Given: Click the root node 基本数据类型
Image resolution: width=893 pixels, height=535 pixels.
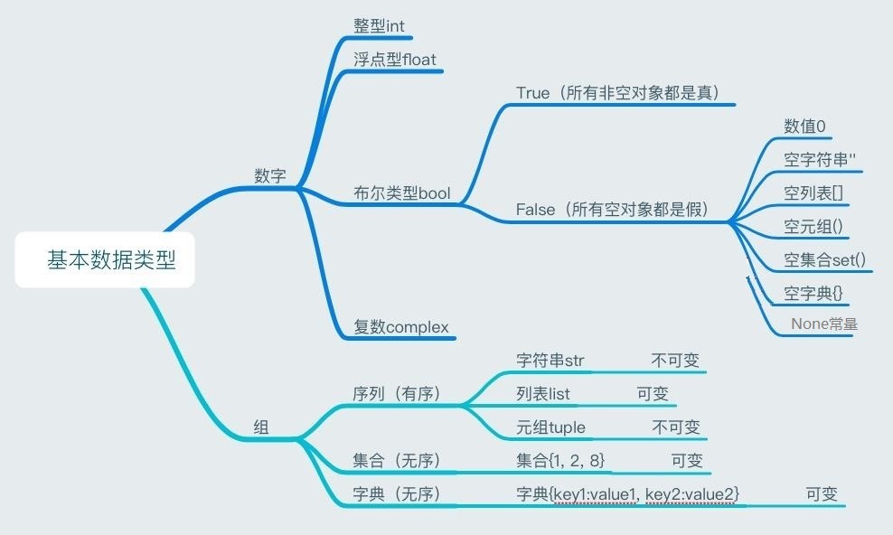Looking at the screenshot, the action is (111, 260).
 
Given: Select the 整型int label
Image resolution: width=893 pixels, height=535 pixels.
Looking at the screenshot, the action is (379, 25).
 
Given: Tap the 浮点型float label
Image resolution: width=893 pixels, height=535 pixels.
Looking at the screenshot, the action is (395, 59).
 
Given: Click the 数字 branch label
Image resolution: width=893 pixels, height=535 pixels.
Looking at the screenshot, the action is (270, 175).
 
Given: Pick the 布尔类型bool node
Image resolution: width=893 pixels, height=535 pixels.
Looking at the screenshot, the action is (401, 192).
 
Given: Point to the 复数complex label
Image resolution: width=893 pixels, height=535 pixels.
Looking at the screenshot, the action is (401, 326).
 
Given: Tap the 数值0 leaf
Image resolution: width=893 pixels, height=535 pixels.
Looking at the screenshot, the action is (804, 127).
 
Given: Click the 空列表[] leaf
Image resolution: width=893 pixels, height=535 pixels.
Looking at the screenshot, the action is (813, 193).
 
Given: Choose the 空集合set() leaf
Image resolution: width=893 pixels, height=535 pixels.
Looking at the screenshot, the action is (824, 260).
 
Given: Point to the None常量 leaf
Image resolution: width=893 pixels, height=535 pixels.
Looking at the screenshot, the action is (824, 324).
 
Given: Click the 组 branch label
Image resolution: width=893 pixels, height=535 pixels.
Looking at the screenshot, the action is (261, 427).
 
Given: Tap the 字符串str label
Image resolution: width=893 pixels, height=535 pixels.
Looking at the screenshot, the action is (550, 361).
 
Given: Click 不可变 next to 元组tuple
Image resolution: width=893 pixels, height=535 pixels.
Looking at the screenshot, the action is (675, 427).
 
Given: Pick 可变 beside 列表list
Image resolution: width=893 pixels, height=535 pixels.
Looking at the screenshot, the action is (653, 393).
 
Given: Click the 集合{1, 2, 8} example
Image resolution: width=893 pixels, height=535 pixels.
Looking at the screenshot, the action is (560, 460).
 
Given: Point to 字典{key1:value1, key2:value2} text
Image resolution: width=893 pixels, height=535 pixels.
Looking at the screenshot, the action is (627, 494).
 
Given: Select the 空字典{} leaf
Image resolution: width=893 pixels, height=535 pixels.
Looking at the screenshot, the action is (813, 293).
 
